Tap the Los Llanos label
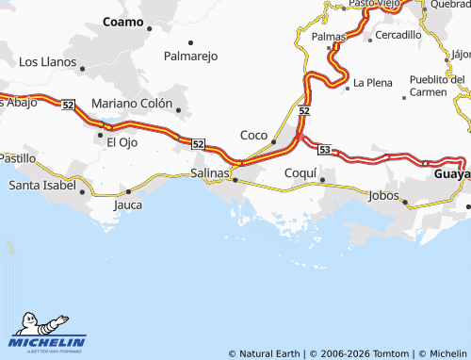tap(47, 62)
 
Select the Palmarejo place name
tap(190, 57)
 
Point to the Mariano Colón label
tap(132, 104)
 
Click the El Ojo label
tap(122, 142)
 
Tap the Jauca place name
tap(128, 204)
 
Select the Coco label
tap(253, 135)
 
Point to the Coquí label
tap(300, 173)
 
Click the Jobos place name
tap(384, 195)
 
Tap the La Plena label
tap(372, 83)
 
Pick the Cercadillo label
tap(398, 35)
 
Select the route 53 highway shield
tap(325, 149)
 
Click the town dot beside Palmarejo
tap(191, 42)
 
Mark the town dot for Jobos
tap(404, 202)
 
